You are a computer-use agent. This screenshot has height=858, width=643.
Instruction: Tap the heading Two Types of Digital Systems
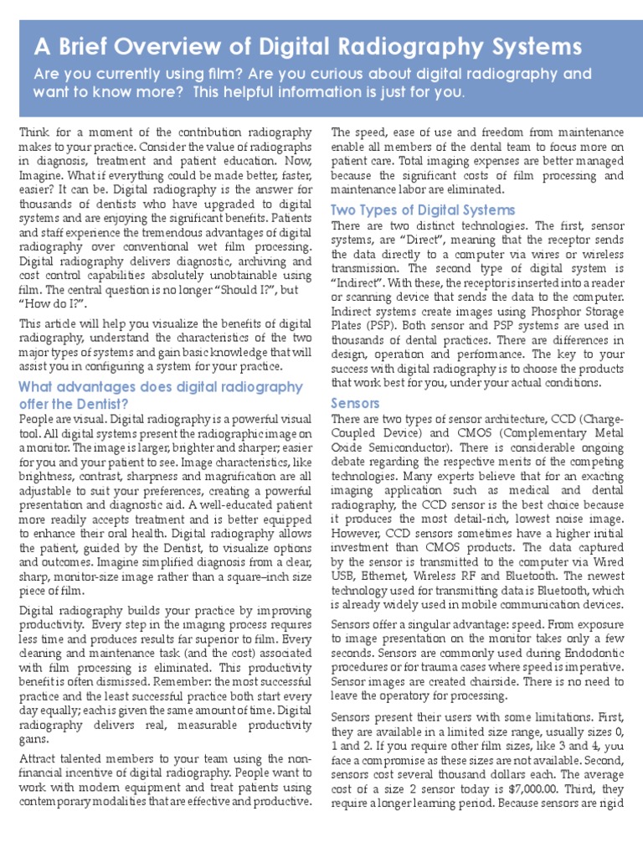pos(423,209)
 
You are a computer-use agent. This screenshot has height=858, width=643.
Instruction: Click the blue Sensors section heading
pos(356,403)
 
